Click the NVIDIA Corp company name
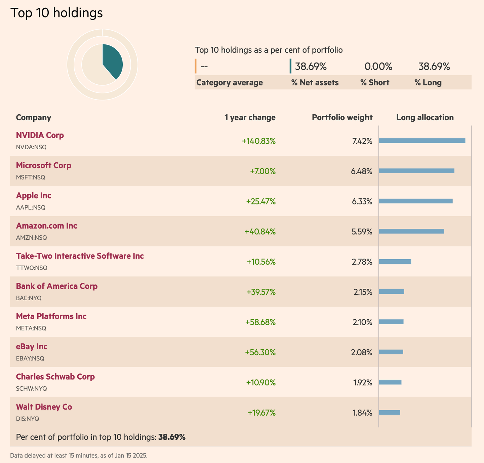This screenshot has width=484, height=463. click(x=40, y=135)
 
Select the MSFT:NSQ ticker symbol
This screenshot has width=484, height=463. click(x=30, y=177)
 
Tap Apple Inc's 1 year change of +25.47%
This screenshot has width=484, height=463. click(x=260, y=201)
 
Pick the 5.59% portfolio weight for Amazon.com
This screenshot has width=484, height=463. click(x=362, y=232)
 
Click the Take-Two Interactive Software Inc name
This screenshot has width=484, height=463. click(x=80, y=256)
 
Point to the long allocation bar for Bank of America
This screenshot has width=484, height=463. click(x=391, y=292)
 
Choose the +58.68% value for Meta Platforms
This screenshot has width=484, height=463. click(x=260, y=322)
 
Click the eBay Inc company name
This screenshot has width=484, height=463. click(x=32, y=347)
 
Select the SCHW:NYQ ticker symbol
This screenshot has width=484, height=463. click(x=31, y=389)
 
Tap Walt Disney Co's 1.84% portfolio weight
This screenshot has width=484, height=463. click(x=362, y=413)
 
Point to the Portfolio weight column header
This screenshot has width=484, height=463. click(x=342, y=117)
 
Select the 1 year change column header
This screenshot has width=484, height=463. click(x=250, y=117)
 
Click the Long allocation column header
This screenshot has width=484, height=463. click(x=425, y=117)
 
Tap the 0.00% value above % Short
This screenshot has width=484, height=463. click(x=378, y=67)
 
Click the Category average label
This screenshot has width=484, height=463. click(x=229, y=83)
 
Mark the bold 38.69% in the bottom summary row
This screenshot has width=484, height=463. click(x=172, y=437)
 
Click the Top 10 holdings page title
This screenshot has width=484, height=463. click(x=56, y=13)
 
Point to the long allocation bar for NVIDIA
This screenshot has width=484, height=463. click(x=422, y=141)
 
